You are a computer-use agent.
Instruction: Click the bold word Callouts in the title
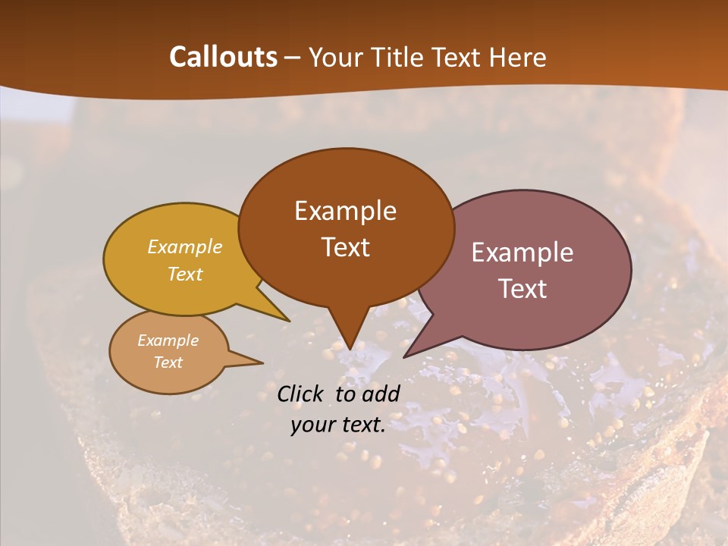tap(223, 57)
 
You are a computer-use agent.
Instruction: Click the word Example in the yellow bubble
tap(184, 247)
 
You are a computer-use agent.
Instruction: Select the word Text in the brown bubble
tap(346, 247)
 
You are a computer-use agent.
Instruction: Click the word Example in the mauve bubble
tap(522, 253)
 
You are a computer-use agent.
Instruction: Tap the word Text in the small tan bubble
tap(168, 362)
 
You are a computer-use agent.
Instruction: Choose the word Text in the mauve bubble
tap(522, 289)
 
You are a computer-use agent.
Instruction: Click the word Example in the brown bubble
tap(346, 211)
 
